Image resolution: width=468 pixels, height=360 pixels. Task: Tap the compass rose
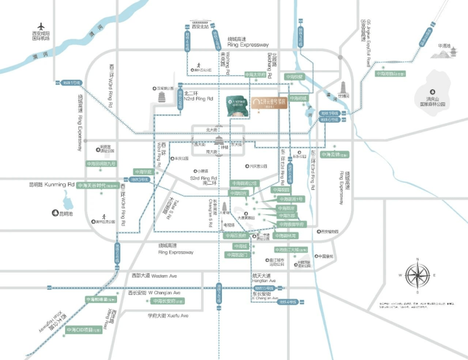(416, 276)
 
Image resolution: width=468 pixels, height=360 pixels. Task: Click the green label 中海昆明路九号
(101, 164)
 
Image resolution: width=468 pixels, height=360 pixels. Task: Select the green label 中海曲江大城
(293, 250)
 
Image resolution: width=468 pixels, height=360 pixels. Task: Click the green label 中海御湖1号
(291, 199)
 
